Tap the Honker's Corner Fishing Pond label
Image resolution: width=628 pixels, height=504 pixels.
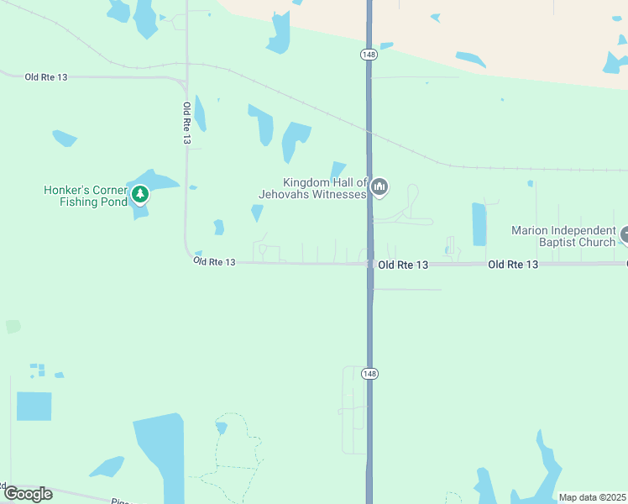[85, 196]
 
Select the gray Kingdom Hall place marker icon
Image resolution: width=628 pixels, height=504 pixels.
[379, 187]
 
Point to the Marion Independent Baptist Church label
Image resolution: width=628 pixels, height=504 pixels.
[564, 236]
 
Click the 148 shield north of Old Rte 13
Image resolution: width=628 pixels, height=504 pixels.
[369, 55]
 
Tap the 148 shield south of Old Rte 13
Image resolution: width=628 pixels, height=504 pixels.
[369, 373]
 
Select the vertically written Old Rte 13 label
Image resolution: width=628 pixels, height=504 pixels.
[186, 123]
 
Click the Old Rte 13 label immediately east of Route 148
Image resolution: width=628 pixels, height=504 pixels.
[403, 265]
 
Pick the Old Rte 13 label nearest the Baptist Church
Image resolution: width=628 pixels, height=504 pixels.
[512, 265]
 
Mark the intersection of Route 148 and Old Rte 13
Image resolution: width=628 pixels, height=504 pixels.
[369, 264]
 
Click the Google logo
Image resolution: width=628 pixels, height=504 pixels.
[28, 493]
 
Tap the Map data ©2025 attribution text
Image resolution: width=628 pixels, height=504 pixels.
[592, 497]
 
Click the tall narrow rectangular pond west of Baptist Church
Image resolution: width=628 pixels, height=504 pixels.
[479, 224]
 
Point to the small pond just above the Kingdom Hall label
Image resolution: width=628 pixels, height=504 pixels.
[338, 169]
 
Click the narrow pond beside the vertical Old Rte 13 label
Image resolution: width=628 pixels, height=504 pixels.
[200, 113]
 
